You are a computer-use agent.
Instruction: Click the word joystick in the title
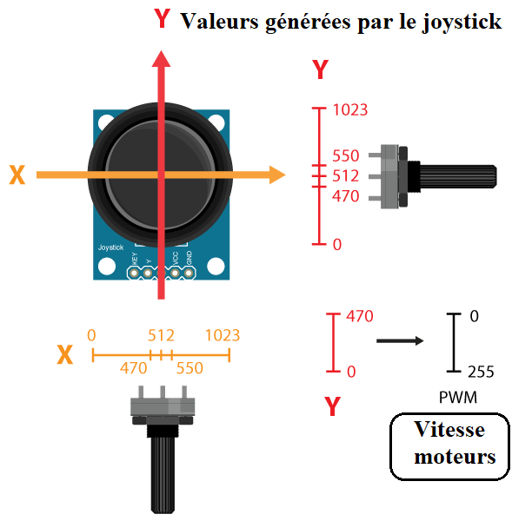click(462, 23)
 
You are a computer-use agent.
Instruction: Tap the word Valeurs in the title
click(220, 21)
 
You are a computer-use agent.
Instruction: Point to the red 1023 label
click(350, 110)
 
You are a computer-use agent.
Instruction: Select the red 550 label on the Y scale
click(346, 155)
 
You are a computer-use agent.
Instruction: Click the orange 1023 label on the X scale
click(223, 335)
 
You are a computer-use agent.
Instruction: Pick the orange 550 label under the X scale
click(190, 368)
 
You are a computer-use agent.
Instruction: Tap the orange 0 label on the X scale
click(91, 335)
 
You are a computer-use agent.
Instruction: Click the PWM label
click(458, 398)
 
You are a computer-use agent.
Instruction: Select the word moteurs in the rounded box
click(455, 457)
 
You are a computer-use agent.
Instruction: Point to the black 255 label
click(481, 372)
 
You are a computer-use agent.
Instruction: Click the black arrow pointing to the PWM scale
click(400, 340)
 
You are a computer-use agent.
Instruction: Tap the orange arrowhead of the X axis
click(277, 175)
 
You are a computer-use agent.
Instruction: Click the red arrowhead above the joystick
click(162, 59)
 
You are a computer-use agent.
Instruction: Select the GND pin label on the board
click(189, 258)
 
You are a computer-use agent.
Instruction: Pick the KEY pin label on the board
click(135, 259)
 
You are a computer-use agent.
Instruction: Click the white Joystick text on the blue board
click(110, 247)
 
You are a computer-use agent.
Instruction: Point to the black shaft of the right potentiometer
click(458, 177)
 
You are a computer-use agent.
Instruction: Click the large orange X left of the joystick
click(17, 175)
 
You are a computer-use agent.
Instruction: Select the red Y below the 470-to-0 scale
click(332, 406)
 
